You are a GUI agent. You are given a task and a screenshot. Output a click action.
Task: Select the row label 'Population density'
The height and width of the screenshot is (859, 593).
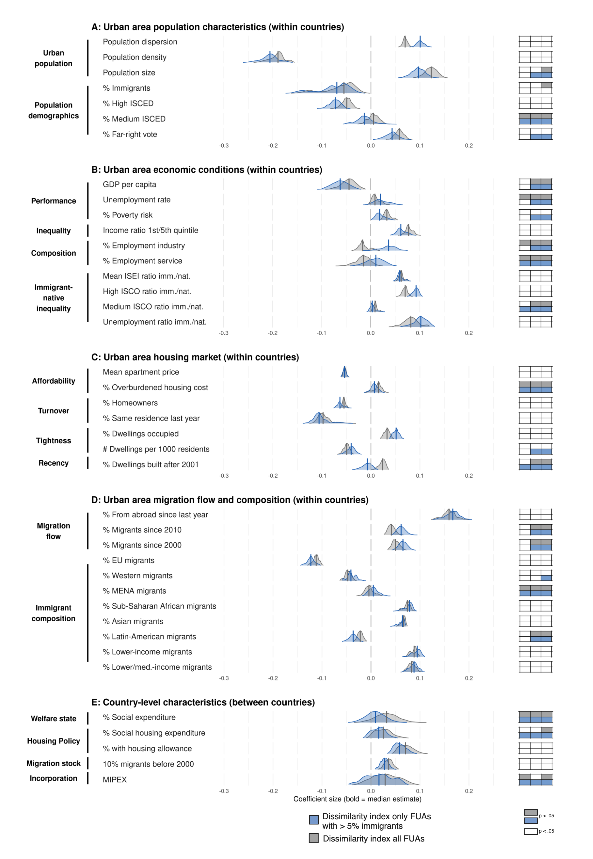(x=135, y=57)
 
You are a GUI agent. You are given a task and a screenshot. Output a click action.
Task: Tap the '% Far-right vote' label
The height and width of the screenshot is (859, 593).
(x=130, y=135)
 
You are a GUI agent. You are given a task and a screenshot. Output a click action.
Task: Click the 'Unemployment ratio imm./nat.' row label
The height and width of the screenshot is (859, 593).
(x=155, y=322)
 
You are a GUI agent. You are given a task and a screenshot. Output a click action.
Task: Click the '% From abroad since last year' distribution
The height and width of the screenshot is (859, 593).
(x=451, y=515)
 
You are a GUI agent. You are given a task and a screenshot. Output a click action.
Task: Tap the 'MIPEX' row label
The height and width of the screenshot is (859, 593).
(x=115, y=780)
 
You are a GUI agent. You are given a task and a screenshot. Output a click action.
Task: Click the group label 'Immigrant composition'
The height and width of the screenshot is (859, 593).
(x=53, y=613)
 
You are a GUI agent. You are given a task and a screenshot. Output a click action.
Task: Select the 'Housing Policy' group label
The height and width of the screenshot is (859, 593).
(x=53, y=741)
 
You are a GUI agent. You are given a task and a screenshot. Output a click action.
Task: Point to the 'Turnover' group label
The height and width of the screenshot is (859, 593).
(x=53, y=411)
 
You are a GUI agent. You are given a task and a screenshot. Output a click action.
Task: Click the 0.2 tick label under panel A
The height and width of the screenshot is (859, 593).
(x=469, y=146)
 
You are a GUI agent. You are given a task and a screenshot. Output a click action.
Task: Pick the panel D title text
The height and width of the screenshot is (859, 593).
(x=230, y=500)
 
